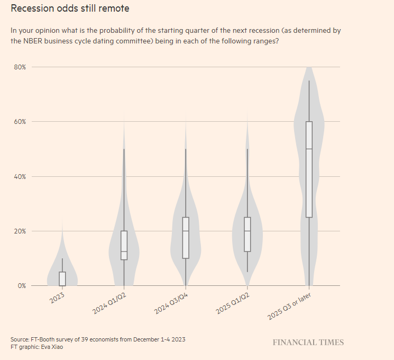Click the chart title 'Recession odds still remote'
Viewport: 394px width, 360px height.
click(70, 8)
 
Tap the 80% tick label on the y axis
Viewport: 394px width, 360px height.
click(20, 67)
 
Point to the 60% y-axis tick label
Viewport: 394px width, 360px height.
click(20, 122)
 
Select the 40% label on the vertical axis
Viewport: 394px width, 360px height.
click(20, 176)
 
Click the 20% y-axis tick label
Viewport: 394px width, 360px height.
click(20, 231)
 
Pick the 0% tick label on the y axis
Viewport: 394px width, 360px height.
click(21, 286)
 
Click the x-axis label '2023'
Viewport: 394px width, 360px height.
click(57, 297)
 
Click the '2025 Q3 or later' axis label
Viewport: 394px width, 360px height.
click(289, 307)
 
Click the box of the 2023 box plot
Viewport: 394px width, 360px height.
click(62, 278)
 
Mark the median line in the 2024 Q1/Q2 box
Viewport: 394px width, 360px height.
click(124, 251)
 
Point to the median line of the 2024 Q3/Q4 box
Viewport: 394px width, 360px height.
click(186, 231)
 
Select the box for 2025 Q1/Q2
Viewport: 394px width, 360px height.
click(247, 235)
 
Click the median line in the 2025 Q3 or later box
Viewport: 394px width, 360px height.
click(309, 149)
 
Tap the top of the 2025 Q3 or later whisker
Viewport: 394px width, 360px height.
click(309, 81)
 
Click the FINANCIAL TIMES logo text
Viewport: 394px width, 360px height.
click(308, 343)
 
